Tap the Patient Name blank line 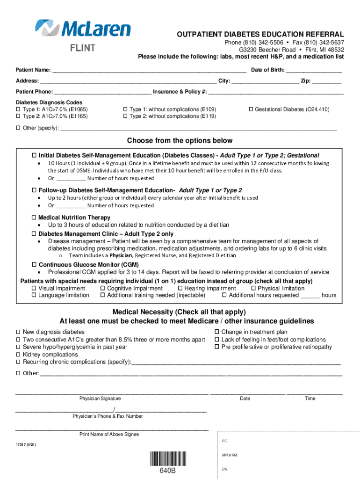[x=149, y=71]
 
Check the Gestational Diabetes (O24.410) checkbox [x=251, y=109]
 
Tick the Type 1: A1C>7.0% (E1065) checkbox [x=19, y=109]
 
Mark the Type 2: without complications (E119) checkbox [x=125, y=116]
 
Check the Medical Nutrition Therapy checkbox [x=34, y=218]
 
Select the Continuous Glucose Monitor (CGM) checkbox [x=34, y=265]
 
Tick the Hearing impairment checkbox [x=180, y=289]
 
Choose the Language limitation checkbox [x=34, y=296]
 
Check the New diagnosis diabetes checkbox [x=19, y=332]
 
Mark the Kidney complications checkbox [x=19, y=355]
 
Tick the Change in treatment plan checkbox [x=217, y=332]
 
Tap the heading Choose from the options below [x=180, y=141]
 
